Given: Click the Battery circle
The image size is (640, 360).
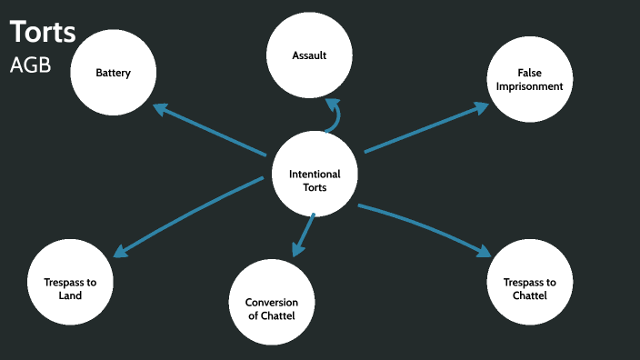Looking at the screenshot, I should pyautogui.click(x=114, y=73).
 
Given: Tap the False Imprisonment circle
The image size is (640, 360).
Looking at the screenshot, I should pyautogui.click(x=529, y=79).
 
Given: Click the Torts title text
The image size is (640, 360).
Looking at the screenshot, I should pyautogui.click(x=43, y=32).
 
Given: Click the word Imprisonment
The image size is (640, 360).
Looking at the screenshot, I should pyautogui.click(x=529, y=86).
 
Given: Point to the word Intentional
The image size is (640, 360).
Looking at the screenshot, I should pyautogui.click(x=315, y=174).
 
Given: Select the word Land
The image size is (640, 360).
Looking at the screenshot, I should pyautogui.click(x=69, y=295).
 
